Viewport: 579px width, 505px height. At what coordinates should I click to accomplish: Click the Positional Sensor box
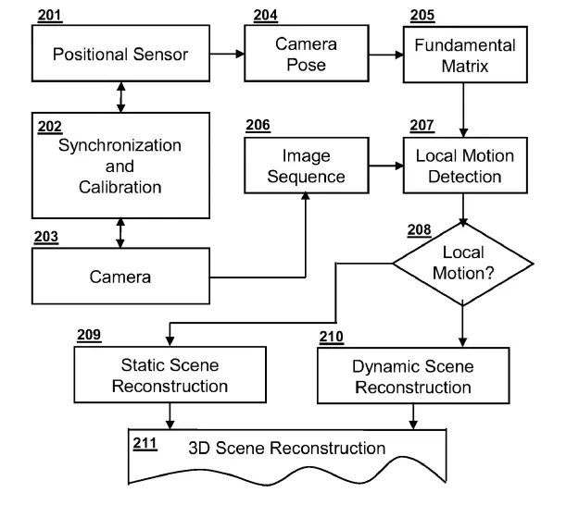[120, 54]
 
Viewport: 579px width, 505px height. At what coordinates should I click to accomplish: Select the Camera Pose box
[306, 54]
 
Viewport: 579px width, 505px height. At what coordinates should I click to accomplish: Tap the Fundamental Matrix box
[464, 55]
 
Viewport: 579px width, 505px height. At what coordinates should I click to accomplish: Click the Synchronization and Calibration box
[120, 166]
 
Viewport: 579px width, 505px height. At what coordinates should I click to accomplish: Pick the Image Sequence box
[306, 166]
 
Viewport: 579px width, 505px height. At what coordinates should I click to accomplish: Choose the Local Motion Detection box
[464, 166]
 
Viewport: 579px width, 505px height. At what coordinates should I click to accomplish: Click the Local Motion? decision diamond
[463, 263]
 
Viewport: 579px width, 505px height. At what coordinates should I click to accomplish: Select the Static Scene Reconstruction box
[170, 375]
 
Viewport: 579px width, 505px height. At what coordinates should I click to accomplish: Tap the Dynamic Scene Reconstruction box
[412, 376]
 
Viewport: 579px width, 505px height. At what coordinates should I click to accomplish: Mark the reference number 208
[419, 228]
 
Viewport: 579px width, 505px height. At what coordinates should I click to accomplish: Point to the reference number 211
[145, 442]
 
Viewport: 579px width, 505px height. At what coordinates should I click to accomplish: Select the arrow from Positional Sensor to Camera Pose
[227, 55]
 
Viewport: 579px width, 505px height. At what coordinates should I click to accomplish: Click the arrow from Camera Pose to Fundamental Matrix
[384, 55]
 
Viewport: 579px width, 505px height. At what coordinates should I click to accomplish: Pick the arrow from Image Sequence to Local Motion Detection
[384, 166]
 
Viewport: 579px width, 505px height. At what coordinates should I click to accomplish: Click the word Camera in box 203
[120, 276]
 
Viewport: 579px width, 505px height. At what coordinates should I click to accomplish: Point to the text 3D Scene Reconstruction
[286, 449]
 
